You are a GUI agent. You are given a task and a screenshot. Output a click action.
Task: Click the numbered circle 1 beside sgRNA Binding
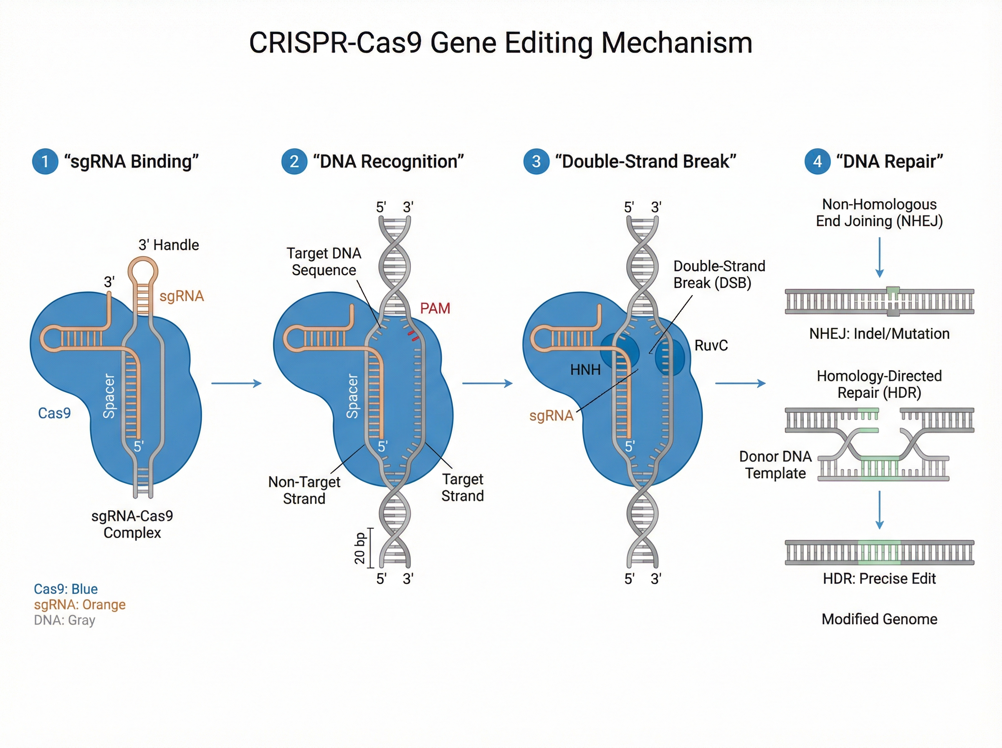(x=45, y=162)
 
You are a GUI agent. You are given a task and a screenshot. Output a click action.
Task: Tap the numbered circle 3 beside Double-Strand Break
(x=536, y=162)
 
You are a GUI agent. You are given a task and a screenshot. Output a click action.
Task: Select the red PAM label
(x=435, y=308)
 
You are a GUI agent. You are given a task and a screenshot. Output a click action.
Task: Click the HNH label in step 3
(x=585, y=370)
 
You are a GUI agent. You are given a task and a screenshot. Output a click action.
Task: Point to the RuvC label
(x=711, y=346)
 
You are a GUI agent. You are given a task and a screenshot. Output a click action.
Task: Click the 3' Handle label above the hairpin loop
(x=168, y=245)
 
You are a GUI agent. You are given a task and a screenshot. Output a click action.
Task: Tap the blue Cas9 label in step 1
(x=54, y=413)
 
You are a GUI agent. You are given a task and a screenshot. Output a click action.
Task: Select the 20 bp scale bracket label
(x=359, y=548)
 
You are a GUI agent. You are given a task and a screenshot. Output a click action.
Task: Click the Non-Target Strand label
(x=304, y=490)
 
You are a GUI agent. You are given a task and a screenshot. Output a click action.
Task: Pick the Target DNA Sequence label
(x=324, y=261)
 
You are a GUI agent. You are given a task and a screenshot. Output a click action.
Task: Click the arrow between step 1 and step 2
(x=236, y=384)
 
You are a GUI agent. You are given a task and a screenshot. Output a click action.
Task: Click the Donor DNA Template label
(x=775, y=465)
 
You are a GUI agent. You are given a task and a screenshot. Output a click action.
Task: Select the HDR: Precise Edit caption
(x=879, y=578)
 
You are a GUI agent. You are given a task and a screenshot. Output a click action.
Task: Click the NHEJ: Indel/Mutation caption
(x=879, y=334)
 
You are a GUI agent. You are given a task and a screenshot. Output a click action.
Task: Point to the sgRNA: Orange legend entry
(x=80, y=604)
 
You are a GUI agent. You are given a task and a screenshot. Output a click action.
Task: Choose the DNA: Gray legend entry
(x=64, y=620)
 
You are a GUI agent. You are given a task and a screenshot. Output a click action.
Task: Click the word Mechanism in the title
(x=676, y=43)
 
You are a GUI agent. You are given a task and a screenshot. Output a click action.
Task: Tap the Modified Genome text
(x=879, y=619)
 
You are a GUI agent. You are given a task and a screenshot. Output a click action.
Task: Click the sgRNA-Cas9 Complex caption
(x=132, y=524)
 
